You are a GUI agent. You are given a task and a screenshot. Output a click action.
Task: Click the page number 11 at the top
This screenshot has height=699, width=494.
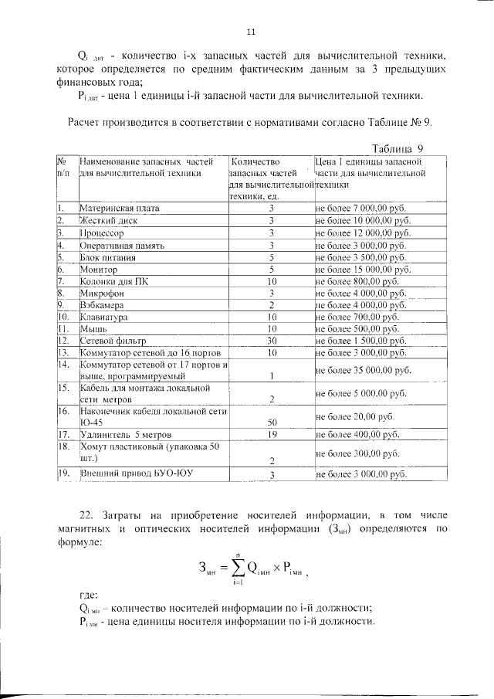pos(250,32)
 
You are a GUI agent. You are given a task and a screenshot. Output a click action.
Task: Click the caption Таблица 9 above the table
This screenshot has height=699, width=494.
pos(397,148)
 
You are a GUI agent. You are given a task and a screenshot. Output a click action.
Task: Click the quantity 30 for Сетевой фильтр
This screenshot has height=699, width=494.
pos(272,340)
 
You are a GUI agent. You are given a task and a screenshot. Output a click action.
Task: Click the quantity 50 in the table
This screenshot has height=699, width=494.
pos(272,422)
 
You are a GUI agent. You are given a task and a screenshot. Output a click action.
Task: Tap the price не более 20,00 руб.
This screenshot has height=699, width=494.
pos(354,416)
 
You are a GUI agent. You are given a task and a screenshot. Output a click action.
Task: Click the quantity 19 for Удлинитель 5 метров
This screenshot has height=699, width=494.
pos(272,434)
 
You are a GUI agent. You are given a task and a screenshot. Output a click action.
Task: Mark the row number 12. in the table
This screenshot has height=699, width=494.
pos(64,340)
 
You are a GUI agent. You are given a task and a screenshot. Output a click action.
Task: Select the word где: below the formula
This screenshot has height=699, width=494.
pos(90,596)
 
